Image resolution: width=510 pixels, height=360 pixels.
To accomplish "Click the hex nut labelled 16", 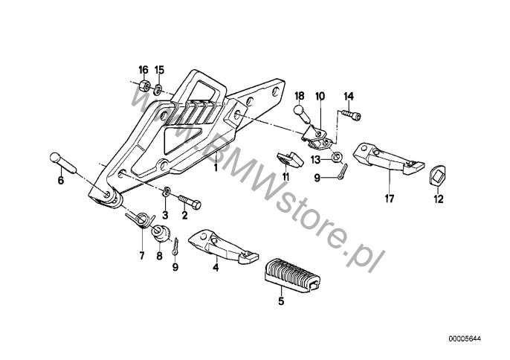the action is [x=143, y=86].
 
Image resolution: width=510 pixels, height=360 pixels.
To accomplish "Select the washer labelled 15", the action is [x=158, y=89].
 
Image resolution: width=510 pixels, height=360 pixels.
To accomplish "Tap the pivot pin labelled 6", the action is [x=62, y=163].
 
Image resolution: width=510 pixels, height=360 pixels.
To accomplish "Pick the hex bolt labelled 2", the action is [x=190, y=202].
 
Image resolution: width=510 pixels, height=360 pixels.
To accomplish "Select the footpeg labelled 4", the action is [x=223, y=246].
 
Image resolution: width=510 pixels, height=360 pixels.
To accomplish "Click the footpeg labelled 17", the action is [x=388, y=159].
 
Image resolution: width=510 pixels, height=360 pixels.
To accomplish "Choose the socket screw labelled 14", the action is [x=352, y=115].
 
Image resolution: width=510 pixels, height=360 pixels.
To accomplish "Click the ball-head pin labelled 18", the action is [x=303, y=113].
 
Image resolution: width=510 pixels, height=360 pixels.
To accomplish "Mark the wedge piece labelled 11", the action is [x=290, y=159].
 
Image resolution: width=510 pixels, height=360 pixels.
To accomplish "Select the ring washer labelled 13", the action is [x=337, y=157].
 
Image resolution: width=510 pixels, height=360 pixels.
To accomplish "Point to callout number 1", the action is [x=215, y=168].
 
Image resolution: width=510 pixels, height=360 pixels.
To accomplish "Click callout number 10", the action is [x=320, y=96].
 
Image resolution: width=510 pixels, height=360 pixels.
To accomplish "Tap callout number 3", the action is [x=165, y=215].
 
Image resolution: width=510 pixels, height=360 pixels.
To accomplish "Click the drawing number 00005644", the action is [x=465, y=339].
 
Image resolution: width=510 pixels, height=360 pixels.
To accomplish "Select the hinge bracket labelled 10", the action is [x=317, y=136].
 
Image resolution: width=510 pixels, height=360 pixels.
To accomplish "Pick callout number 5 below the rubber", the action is [x=281, y=301].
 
